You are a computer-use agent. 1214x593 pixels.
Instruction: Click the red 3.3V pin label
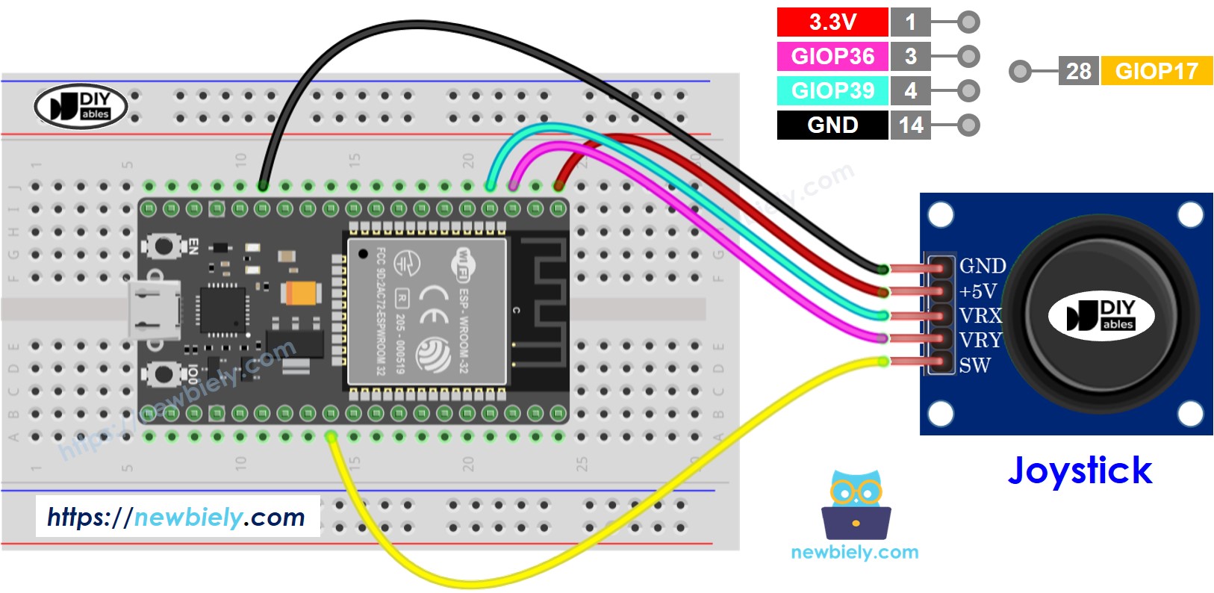[832, 22]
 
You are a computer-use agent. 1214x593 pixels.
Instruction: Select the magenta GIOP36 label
[832, 56]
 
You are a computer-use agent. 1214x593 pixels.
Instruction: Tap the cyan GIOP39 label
[832, 90]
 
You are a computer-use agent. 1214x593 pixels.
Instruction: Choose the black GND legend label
[832, 125]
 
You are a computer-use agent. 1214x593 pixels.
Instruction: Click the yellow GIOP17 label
[1157, 71]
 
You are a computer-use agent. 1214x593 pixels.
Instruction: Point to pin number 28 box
[1078, 71]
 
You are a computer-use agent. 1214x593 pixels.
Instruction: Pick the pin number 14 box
[911, 125]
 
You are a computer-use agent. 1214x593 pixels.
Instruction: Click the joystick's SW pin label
[974, 366]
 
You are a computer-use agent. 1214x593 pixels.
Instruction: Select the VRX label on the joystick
[980, 315]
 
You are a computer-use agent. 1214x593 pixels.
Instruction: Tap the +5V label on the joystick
[978, 291]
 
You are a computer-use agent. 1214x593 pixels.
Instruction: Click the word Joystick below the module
[1080, 471]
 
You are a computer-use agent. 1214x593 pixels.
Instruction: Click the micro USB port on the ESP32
[155, 309]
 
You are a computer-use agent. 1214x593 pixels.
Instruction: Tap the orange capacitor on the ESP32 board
[302, 292]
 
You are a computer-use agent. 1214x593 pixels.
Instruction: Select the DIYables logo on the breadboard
[81, 106]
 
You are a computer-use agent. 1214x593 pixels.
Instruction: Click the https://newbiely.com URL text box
[177, 517]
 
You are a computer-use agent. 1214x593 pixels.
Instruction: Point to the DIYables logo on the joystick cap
[1101, 316]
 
